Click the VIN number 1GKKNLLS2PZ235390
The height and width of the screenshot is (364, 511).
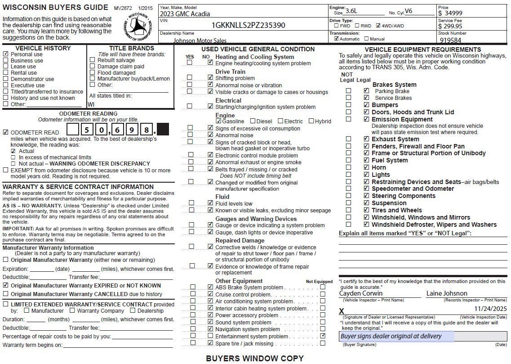point(248,25)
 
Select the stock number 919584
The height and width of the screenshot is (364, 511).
point(450,40)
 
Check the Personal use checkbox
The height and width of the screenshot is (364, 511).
point(5,54)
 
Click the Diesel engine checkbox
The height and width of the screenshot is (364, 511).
point(253,121)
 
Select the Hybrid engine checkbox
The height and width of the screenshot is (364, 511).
point(311,121)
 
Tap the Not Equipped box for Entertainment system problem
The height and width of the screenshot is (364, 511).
point(323,336)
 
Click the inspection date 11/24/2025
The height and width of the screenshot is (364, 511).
point(490,309)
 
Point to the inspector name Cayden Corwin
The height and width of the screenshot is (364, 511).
point(361,293)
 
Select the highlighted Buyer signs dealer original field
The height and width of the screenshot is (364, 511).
point(396,337)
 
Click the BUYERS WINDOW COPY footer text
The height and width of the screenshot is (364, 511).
point(254,359)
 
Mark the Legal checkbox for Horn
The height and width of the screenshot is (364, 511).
point(366,167)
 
